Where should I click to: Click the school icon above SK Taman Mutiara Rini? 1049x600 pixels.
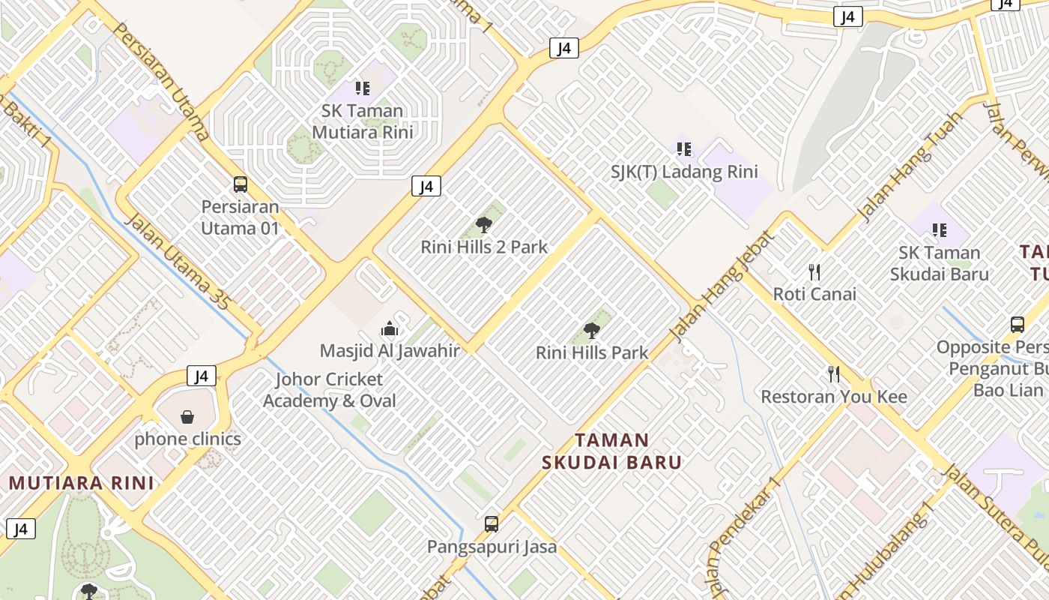(363, 88)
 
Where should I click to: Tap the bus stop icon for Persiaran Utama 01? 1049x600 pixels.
(241, 184)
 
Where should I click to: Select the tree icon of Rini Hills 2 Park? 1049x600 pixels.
(484, 224)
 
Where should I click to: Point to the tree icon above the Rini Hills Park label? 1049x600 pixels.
(592, 330)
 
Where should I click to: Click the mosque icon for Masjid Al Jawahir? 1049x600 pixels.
(389, 328)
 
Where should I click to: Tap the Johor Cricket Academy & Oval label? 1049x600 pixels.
(329, 390)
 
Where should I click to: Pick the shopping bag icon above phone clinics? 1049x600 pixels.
(187, 416)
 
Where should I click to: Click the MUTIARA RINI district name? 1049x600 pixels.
(81, 483)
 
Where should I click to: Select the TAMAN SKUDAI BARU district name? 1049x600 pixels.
(612, 451)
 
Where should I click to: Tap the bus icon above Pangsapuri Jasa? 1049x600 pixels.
(492, 523)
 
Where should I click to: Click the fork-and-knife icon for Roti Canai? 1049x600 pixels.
(814, 271)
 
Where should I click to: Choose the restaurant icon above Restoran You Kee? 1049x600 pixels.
(833, 374)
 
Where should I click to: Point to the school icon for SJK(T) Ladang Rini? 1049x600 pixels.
(683, 149)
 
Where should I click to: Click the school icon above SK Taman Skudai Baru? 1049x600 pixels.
(939, 230)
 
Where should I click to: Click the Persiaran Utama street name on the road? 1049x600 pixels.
(160, 81)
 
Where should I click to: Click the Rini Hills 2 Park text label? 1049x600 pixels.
(484, 247)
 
